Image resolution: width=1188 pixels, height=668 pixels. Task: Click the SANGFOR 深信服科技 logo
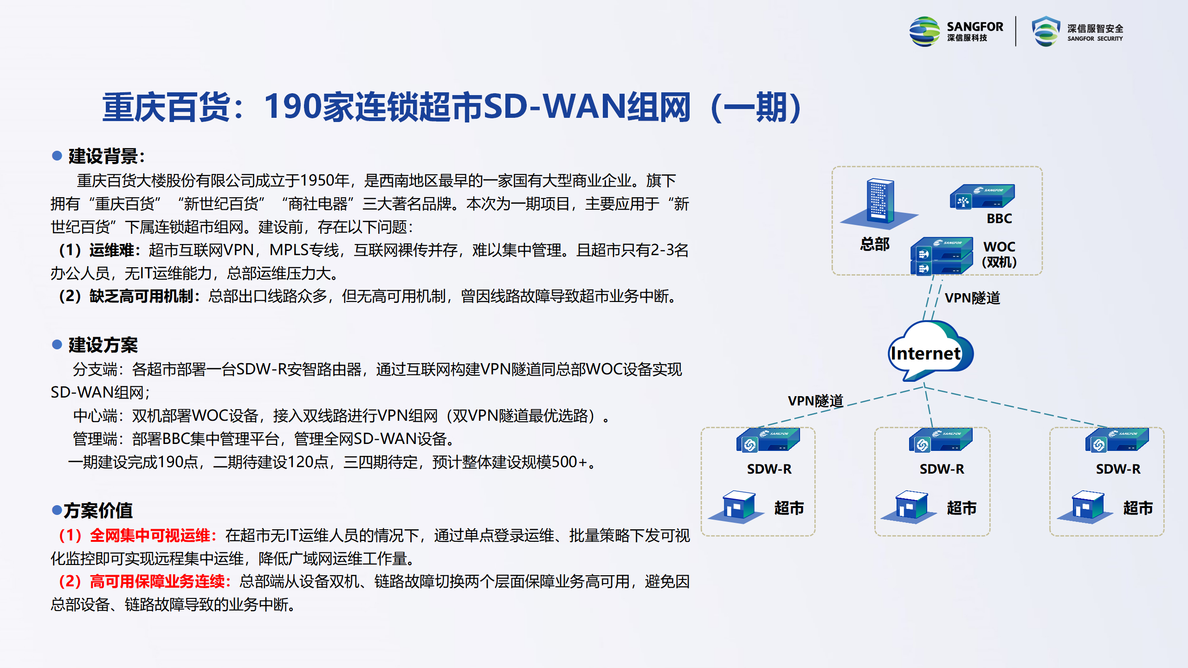point(956,31)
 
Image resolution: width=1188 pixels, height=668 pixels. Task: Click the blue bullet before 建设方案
point(57,344)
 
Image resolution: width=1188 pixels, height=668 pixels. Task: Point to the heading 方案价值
point(98,510)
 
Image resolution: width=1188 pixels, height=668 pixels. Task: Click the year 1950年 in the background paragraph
point(324,180)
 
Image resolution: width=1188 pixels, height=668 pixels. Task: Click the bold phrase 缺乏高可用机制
point(141,296)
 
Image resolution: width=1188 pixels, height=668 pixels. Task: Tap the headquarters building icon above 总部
point(878,203)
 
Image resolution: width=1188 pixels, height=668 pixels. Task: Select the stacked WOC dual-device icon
point(941,256)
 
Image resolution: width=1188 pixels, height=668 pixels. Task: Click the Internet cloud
point(930,351)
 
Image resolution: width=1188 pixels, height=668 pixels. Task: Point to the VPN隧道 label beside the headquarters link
point(972,298)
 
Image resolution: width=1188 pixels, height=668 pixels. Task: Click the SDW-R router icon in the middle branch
point(940,440)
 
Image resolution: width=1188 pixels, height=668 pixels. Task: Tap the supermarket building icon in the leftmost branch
point(737,507)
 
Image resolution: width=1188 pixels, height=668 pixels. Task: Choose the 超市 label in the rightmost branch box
point(1138,508)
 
